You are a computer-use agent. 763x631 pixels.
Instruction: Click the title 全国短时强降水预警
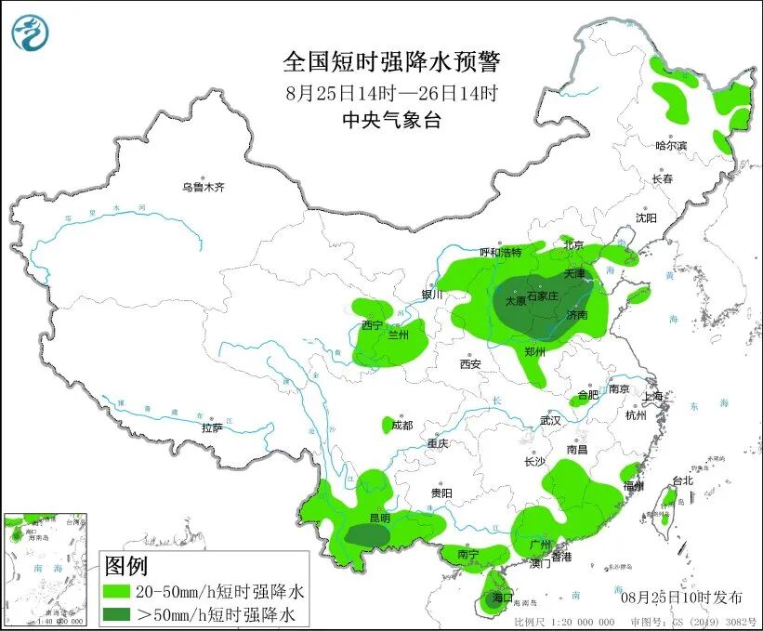pos(391,62)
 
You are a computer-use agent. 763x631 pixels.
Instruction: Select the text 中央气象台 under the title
pos(391,120)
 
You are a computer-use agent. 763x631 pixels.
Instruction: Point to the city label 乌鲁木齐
pos(203,188)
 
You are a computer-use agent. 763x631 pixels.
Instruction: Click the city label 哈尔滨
pos(670,146)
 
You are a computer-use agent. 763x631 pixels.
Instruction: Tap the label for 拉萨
pos(212,427)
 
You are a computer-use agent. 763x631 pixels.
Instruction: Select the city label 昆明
pos(379,518)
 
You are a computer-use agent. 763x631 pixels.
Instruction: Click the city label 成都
pos(401,426)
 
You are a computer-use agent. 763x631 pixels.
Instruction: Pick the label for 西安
pos(470,364)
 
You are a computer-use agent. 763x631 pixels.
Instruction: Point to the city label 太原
pos(515,301)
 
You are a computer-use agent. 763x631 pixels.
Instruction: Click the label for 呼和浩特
pos(501,252)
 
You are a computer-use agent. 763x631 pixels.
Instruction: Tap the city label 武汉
pos(550,420)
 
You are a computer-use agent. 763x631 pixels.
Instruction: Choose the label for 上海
pos(653,397)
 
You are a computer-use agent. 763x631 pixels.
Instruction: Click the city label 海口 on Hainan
pos(502,597)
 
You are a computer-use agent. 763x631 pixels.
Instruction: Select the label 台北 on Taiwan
pos(682,480)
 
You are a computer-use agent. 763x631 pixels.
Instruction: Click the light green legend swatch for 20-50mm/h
pos(118,591)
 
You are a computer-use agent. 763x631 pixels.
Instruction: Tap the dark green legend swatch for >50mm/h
pos(118,613)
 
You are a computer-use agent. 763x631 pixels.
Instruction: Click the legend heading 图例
pos(125,565)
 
